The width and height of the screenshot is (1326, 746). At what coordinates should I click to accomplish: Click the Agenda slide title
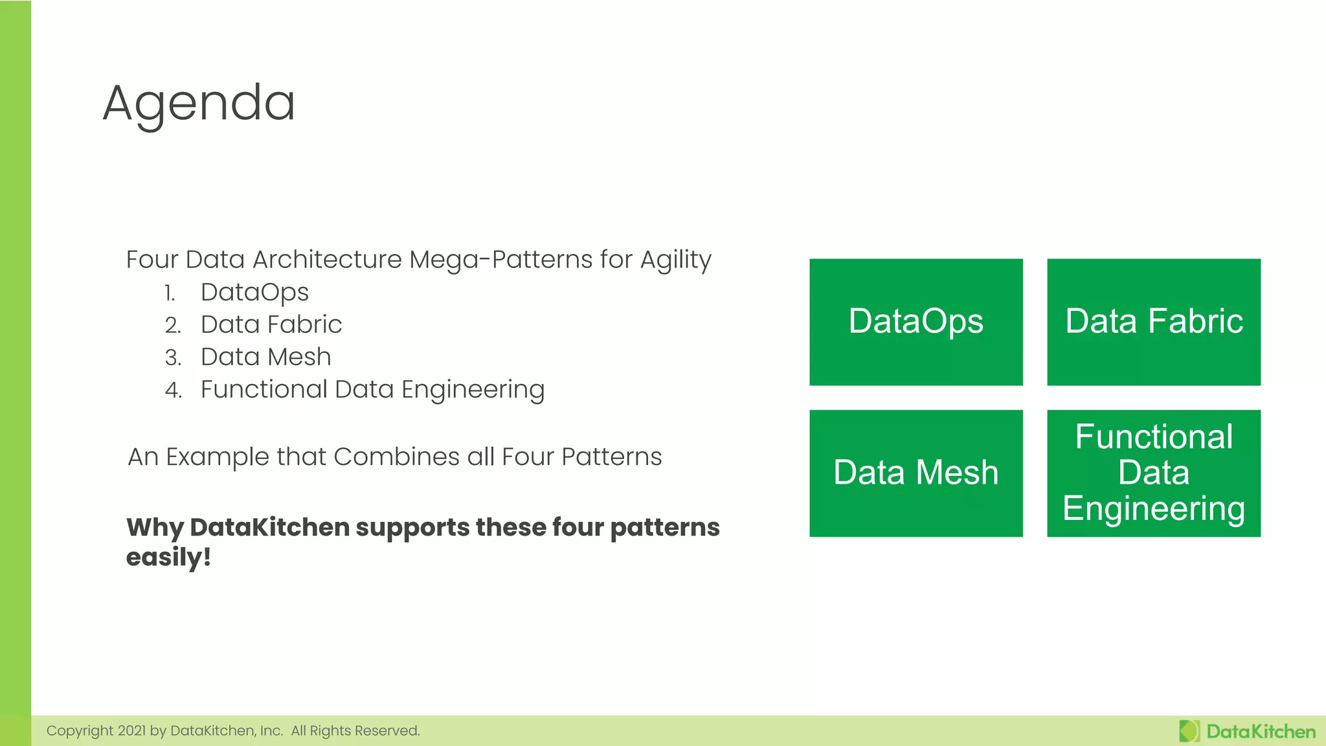coord(199,104)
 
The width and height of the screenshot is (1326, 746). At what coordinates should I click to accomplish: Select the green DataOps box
coord(916,322)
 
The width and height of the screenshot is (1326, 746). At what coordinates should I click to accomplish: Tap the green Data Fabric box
coord(1153,322)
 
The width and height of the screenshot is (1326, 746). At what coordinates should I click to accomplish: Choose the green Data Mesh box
coord(916,473)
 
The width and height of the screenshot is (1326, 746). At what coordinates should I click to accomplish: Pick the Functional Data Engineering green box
coord(1153,473)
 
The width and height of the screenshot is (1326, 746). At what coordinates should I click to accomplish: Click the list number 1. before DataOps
coord(170,293)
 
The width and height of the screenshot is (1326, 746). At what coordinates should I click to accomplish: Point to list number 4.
coord(173,390)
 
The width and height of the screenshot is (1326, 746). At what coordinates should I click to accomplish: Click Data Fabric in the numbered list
coord(271,324)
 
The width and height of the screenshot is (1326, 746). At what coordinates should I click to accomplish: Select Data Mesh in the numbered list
coord(265,357)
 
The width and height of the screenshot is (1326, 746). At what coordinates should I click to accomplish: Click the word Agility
coord(675,260)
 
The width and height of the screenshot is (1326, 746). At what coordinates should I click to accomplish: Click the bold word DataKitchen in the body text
coord(269,527)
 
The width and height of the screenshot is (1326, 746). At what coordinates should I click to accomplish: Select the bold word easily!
coord(168,558)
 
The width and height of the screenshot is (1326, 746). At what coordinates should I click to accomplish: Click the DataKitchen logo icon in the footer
coord(1189,731)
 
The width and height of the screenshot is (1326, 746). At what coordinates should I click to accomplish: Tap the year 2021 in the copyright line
coord(131,731)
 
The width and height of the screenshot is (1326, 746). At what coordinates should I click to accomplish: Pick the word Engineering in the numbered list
coord(473,390)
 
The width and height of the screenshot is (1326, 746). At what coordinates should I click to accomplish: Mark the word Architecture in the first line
coord(327,260)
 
